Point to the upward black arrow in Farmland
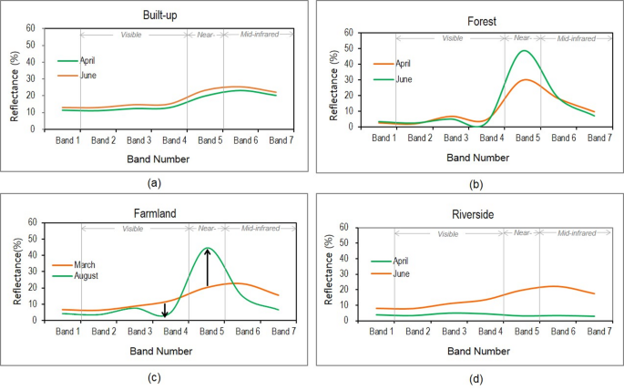click(x=209, y=268)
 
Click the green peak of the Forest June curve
click(x=524, y=51)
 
